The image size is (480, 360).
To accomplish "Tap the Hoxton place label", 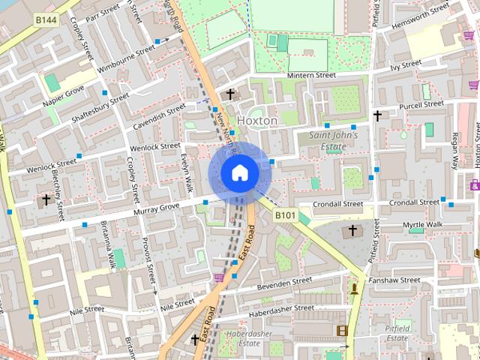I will pos(256,120).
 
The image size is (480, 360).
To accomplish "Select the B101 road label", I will pos(286,215).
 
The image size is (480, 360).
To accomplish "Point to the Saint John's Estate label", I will pos(334,141).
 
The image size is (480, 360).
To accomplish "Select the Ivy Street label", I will pos(405,66).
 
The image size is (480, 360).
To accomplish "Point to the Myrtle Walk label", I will pos(423,225).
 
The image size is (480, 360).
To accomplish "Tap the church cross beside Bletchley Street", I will pos(46,199).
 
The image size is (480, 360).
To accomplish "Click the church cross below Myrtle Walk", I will pos(352,230).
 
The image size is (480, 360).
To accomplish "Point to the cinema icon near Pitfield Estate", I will pos(342,330).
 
